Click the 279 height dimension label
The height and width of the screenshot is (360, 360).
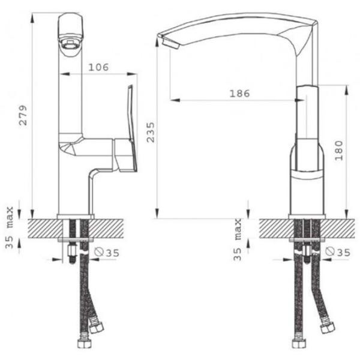click(x=23, y=115)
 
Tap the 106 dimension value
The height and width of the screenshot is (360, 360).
click(x=98, y=67)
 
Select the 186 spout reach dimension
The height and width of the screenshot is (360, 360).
click(x=239, y=94)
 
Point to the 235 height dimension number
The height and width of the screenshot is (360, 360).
click(x=151, y=133)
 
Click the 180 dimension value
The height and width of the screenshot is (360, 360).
click(x=338, y=151)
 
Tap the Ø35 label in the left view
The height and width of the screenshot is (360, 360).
click(x=107, y=253)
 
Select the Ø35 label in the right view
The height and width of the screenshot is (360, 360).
click(x=338, y=253)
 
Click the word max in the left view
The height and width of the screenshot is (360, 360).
click(x=10, y=217)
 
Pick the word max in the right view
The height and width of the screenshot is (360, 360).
click(x=238, y=229)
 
